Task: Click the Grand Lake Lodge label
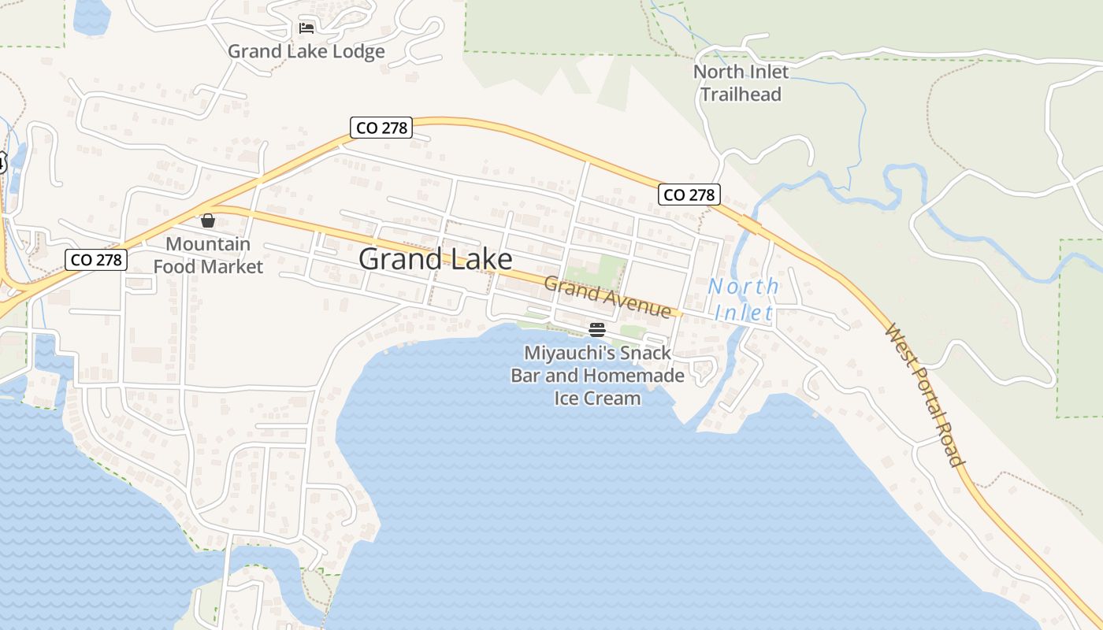coord(306,52)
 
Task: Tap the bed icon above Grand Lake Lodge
coord(306,29)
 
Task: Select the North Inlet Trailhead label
coord(741,83)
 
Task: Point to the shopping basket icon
coord(208,220)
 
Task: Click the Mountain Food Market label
coord(208,255)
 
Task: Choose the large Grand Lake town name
coord(435,259)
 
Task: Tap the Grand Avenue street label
coord(607,297)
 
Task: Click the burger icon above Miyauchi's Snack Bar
coord(597,329)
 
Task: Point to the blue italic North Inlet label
coord(743,299)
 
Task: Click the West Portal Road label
coord(926,395)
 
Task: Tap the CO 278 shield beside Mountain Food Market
coord(96,259)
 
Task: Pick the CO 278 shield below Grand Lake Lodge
coord(381,127)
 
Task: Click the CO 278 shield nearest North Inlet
coord(689,195)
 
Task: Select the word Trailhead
coord(741,94)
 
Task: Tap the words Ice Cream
coord(597,398)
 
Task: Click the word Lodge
coord(357,52)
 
